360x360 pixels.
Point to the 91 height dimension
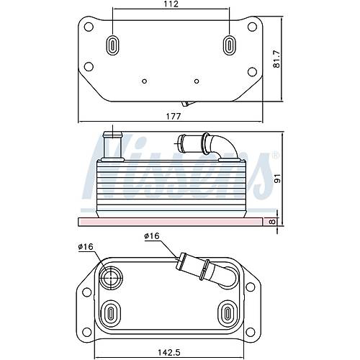coord(276,176)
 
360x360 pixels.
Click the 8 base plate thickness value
coord(271,222)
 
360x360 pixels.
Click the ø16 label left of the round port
coord(86,248)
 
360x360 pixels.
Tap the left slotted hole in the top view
coord(113,45)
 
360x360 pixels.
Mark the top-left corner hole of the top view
coord(89,26)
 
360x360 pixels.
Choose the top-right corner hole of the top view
coord(252,26)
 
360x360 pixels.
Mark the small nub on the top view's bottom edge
coord(187,103)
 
